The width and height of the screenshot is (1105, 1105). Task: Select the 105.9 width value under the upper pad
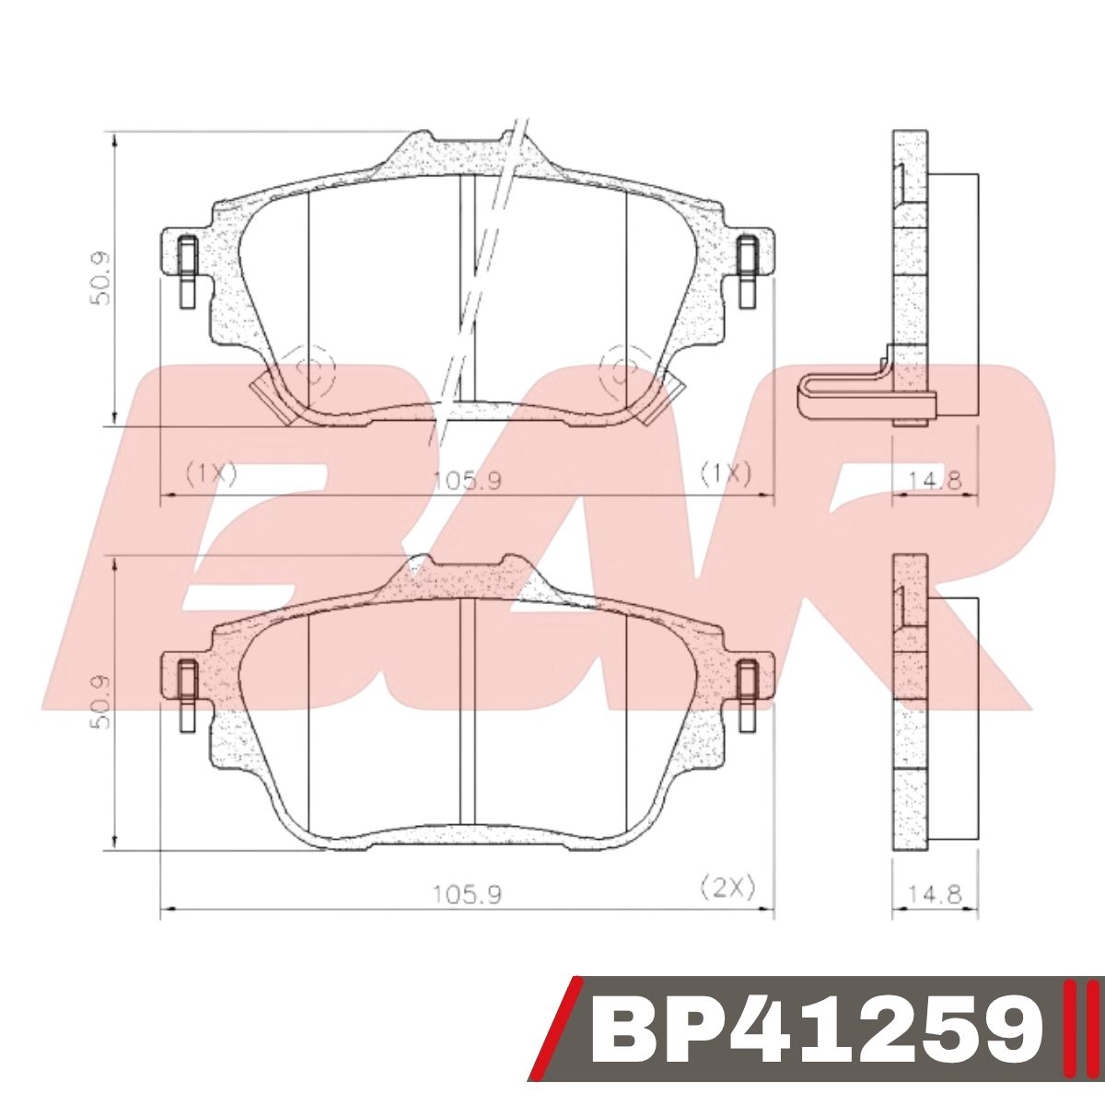click(466, 479)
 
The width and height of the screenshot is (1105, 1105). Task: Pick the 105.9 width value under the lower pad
click(466, 893)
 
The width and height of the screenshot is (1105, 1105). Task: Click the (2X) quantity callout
click(727, 888)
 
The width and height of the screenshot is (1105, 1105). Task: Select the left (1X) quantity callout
click(211, 473)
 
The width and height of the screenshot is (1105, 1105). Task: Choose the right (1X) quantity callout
click(726, 473)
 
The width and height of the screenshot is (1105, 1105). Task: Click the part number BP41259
click(816, 1041)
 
